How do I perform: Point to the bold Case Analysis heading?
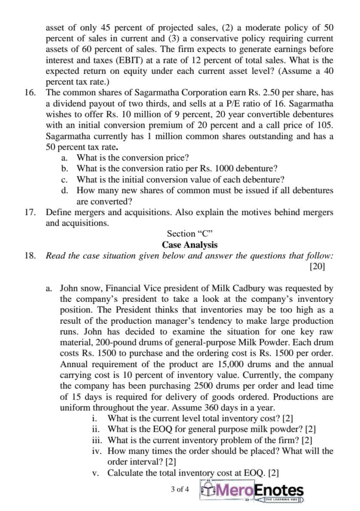(x=190, y=245)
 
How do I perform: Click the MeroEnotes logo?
(x=254, y=490)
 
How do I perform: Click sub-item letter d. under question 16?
(x=65, y=191)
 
